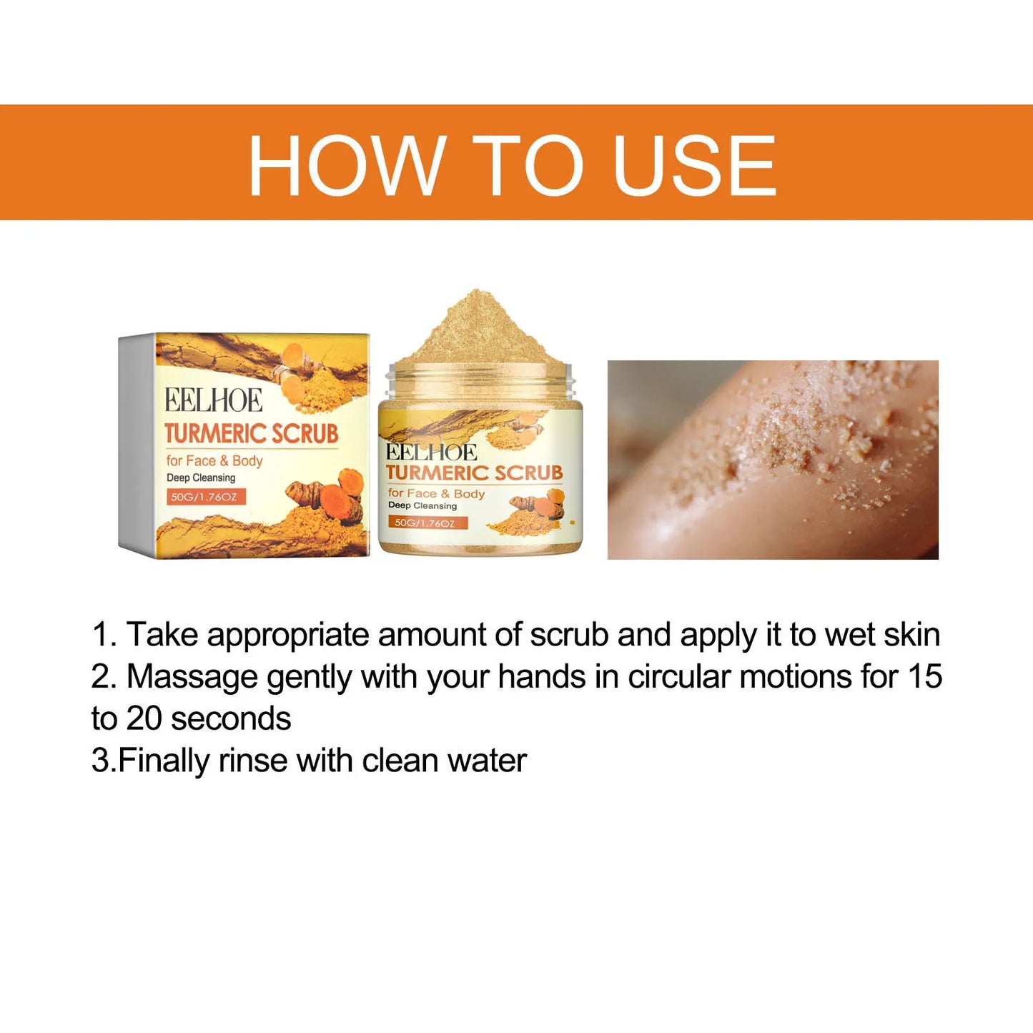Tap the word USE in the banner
[694, 165]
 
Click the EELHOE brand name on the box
[214, 400]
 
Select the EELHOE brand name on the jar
[432, 453]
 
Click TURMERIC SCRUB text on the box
[251, 433]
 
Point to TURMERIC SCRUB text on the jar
[474, 473]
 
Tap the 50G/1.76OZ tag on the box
[207, 496]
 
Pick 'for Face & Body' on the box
[214, 460]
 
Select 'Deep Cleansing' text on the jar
[422, 506]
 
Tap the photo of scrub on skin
[772, 459]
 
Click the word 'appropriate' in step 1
[287, 635]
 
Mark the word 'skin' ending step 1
[911, 635]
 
